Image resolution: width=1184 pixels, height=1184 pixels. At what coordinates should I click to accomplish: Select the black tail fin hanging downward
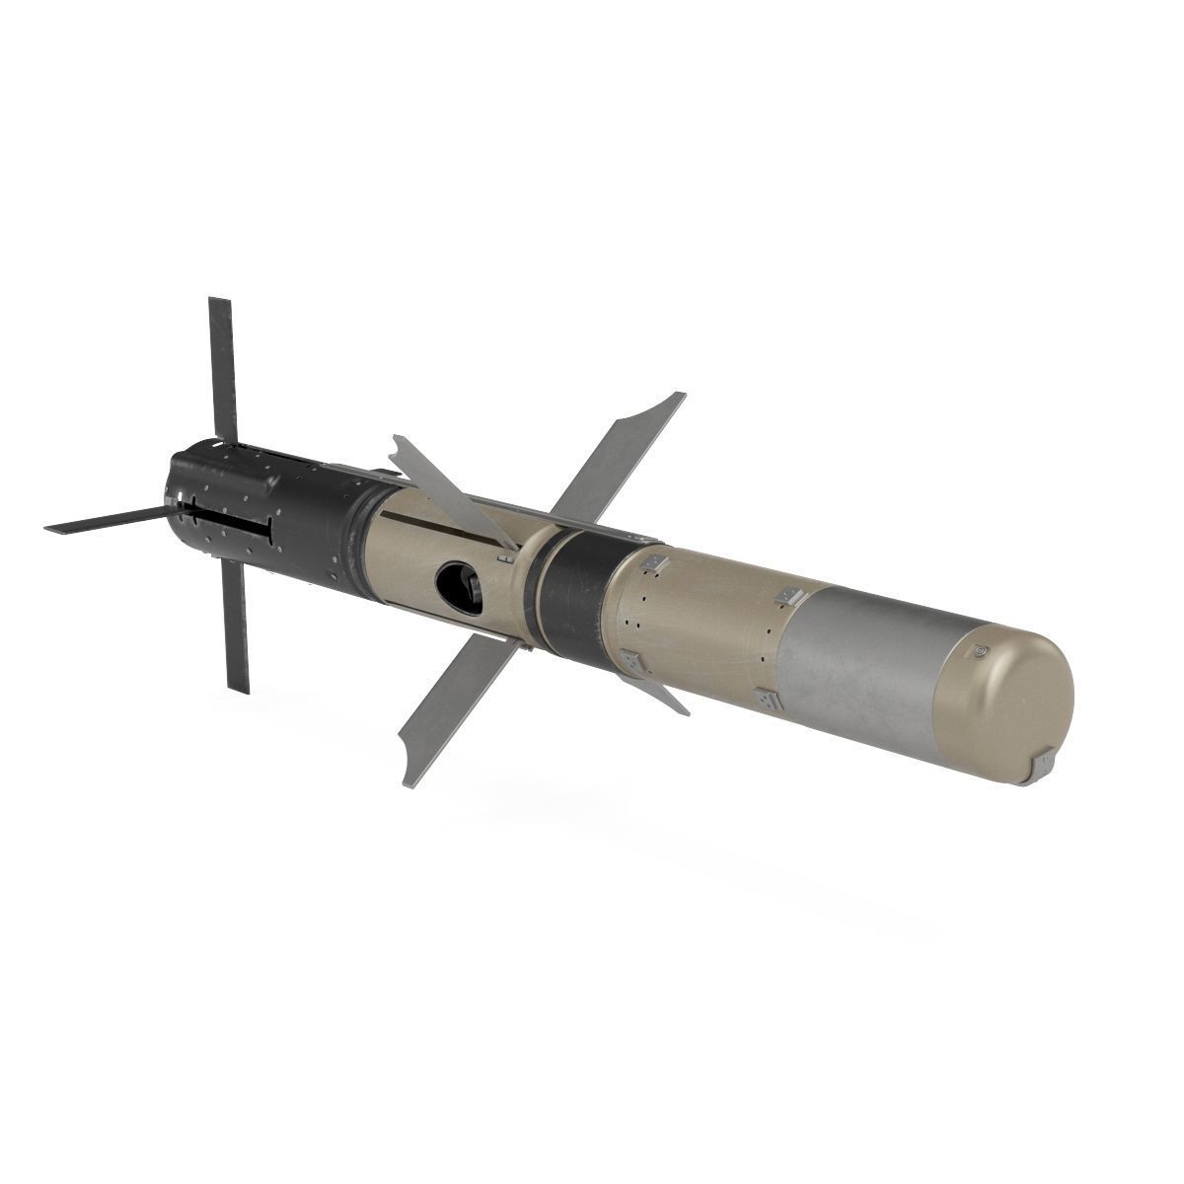[235, 622]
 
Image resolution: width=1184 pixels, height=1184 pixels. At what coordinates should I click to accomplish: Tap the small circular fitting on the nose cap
[979, 652]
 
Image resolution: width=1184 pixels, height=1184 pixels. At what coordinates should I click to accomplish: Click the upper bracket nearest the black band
[650, 564]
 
